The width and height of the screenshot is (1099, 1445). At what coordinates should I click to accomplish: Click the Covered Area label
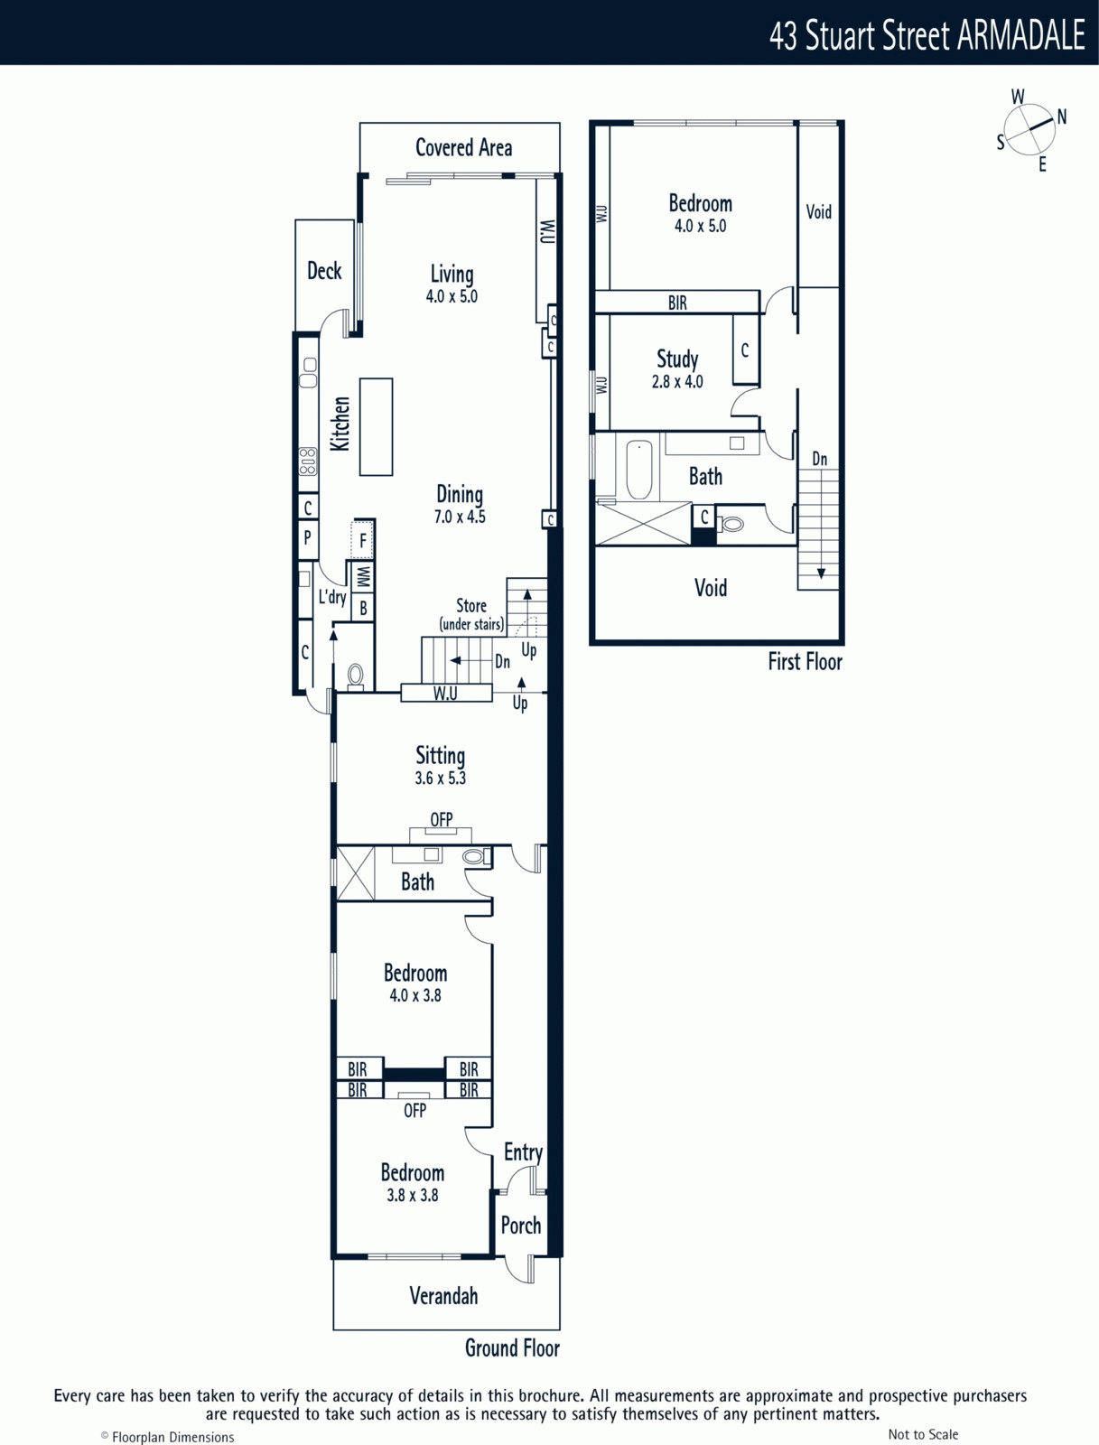pos(463,148)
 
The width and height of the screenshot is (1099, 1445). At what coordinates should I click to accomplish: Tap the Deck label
pos(324,271)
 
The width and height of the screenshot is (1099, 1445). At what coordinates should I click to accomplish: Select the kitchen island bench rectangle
pos(376,426)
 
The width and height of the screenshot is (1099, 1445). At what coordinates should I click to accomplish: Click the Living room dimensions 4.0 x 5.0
pos(452,296)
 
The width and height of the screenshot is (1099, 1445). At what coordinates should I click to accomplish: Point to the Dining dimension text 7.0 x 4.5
pos(460,517)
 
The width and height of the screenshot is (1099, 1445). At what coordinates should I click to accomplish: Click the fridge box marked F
pos(362,541)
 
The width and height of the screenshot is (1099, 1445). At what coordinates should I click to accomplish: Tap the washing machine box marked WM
pos(363,578)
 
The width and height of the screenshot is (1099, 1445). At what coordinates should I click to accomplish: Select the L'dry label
pos(332,597)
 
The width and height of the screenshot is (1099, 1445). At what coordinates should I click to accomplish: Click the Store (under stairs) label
pos(471,614)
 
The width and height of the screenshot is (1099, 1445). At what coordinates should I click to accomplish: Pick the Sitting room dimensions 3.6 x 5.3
pos(441,778)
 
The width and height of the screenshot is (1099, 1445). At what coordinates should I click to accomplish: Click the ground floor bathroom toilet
pos(477,856)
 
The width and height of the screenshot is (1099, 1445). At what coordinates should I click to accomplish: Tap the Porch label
pos(520,1226)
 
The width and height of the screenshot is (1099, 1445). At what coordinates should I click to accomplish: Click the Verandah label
pos(443,1296)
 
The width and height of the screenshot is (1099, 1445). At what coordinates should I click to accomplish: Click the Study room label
pos(677,359)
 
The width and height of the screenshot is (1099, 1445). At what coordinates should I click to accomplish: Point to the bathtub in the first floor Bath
pos(639,470)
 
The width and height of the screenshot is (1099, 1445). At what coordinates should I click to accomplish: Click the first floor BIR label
pos(677,303)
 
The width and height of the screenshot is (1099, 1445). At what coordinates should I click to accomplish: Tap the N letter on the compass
pos(1061,117)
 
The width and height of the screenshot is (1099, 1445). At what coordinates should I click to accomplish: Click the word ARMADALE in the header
pos(1020,35)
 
